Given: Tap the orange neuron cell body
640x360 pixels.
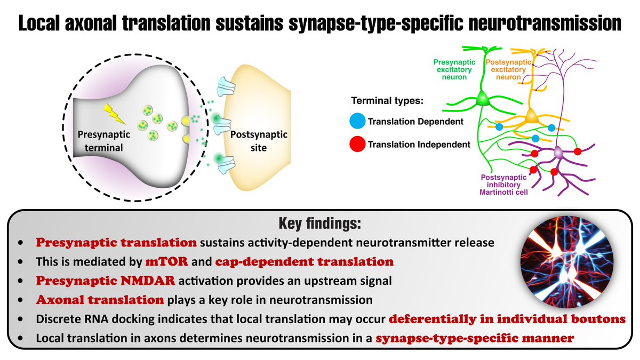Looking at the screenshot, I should coord(530,116).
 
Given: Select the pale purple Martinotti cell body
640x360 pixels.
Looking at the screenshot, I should coord(558,154).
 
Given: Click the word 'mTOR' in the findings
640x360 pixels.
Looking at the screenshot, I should coord(163,262).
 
